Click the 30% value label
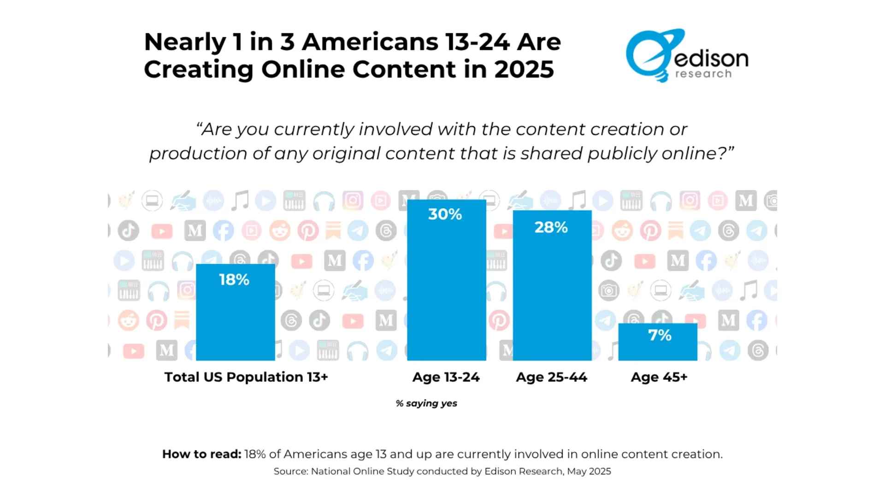(x=445, y=214)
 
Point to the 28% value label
(x=551, y=227)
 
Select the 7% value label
(x=660, y=335)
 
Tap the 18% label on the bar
(x=234, y=279)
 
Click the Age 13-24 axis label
(x=446, y=377)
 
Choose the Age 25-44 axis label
(x=551, y=377)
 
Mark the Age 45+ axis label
(x=659, y=377)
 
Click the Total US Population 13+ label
(x=246, y=377)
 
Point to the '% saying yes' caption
(x=426, y=403)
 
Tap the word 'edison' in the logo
(x=711, y=59)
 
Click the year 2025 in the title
(x=524, y=70)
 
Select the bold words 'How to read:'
(x=201, y=454)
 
